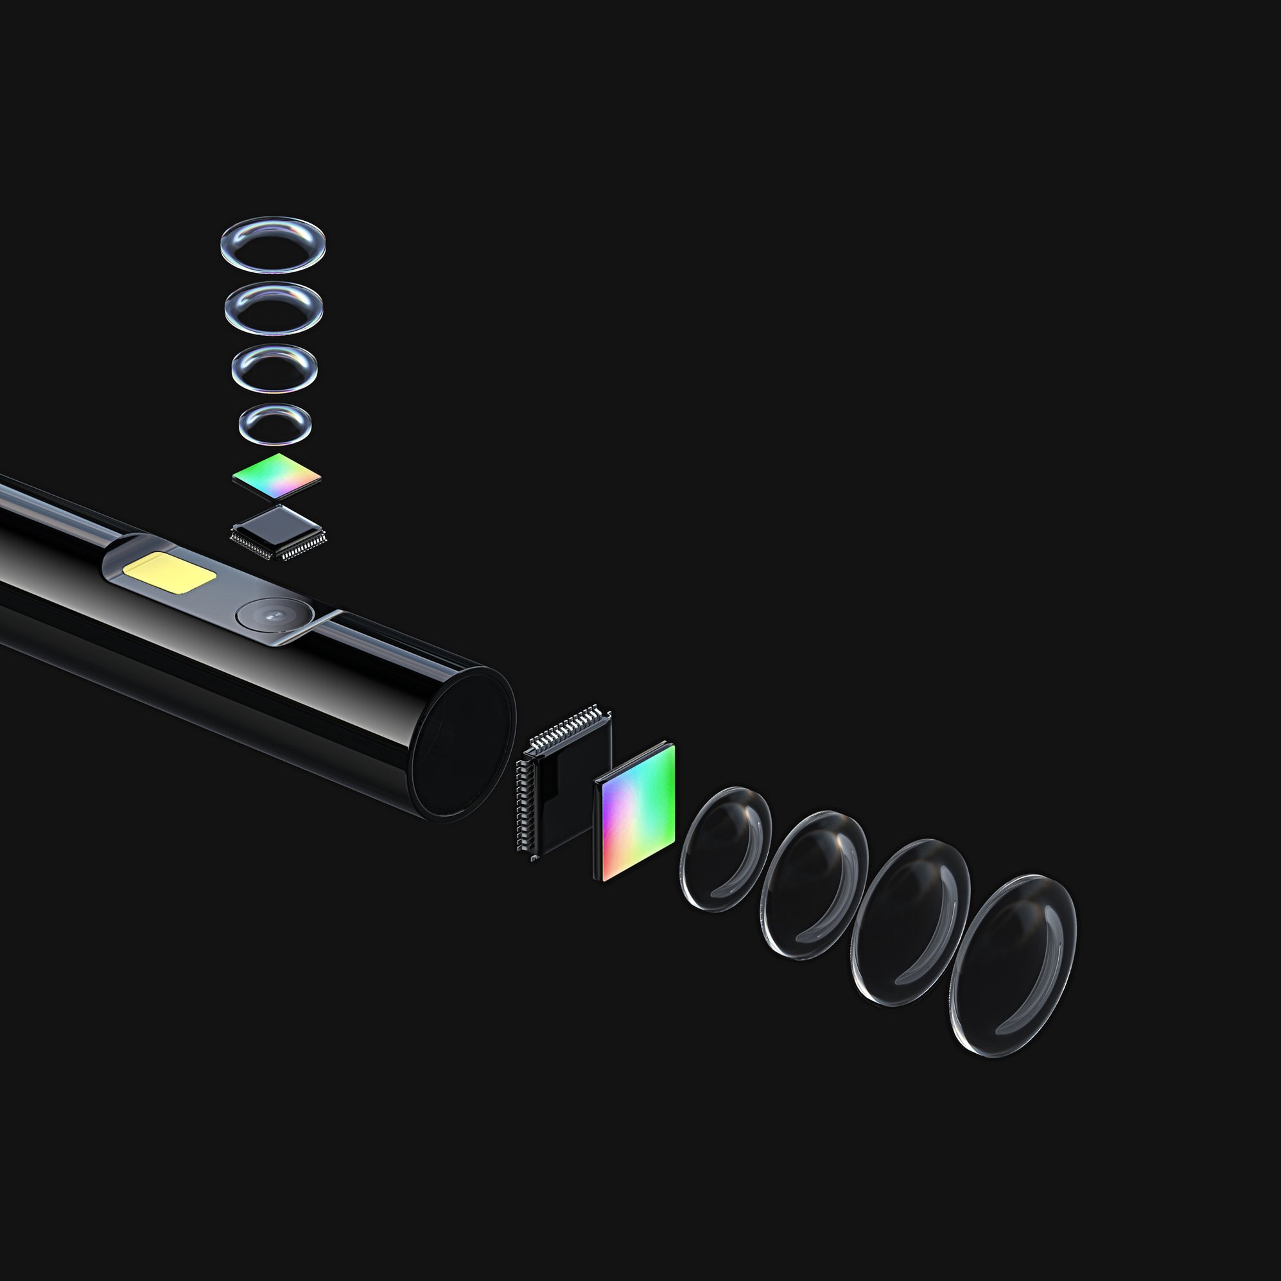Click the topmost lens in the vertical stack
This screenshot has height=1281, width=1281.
272,243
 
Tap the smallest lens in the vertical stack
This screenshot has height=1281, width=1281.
275,424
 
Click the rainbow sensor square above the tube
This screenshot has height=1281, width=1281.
277,476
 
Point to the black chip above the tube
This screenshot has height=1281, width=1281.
278,527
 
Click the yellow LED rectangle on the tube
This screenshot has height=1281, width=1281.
170,571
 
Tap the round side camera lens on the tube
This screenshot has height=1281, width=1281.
272,614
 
